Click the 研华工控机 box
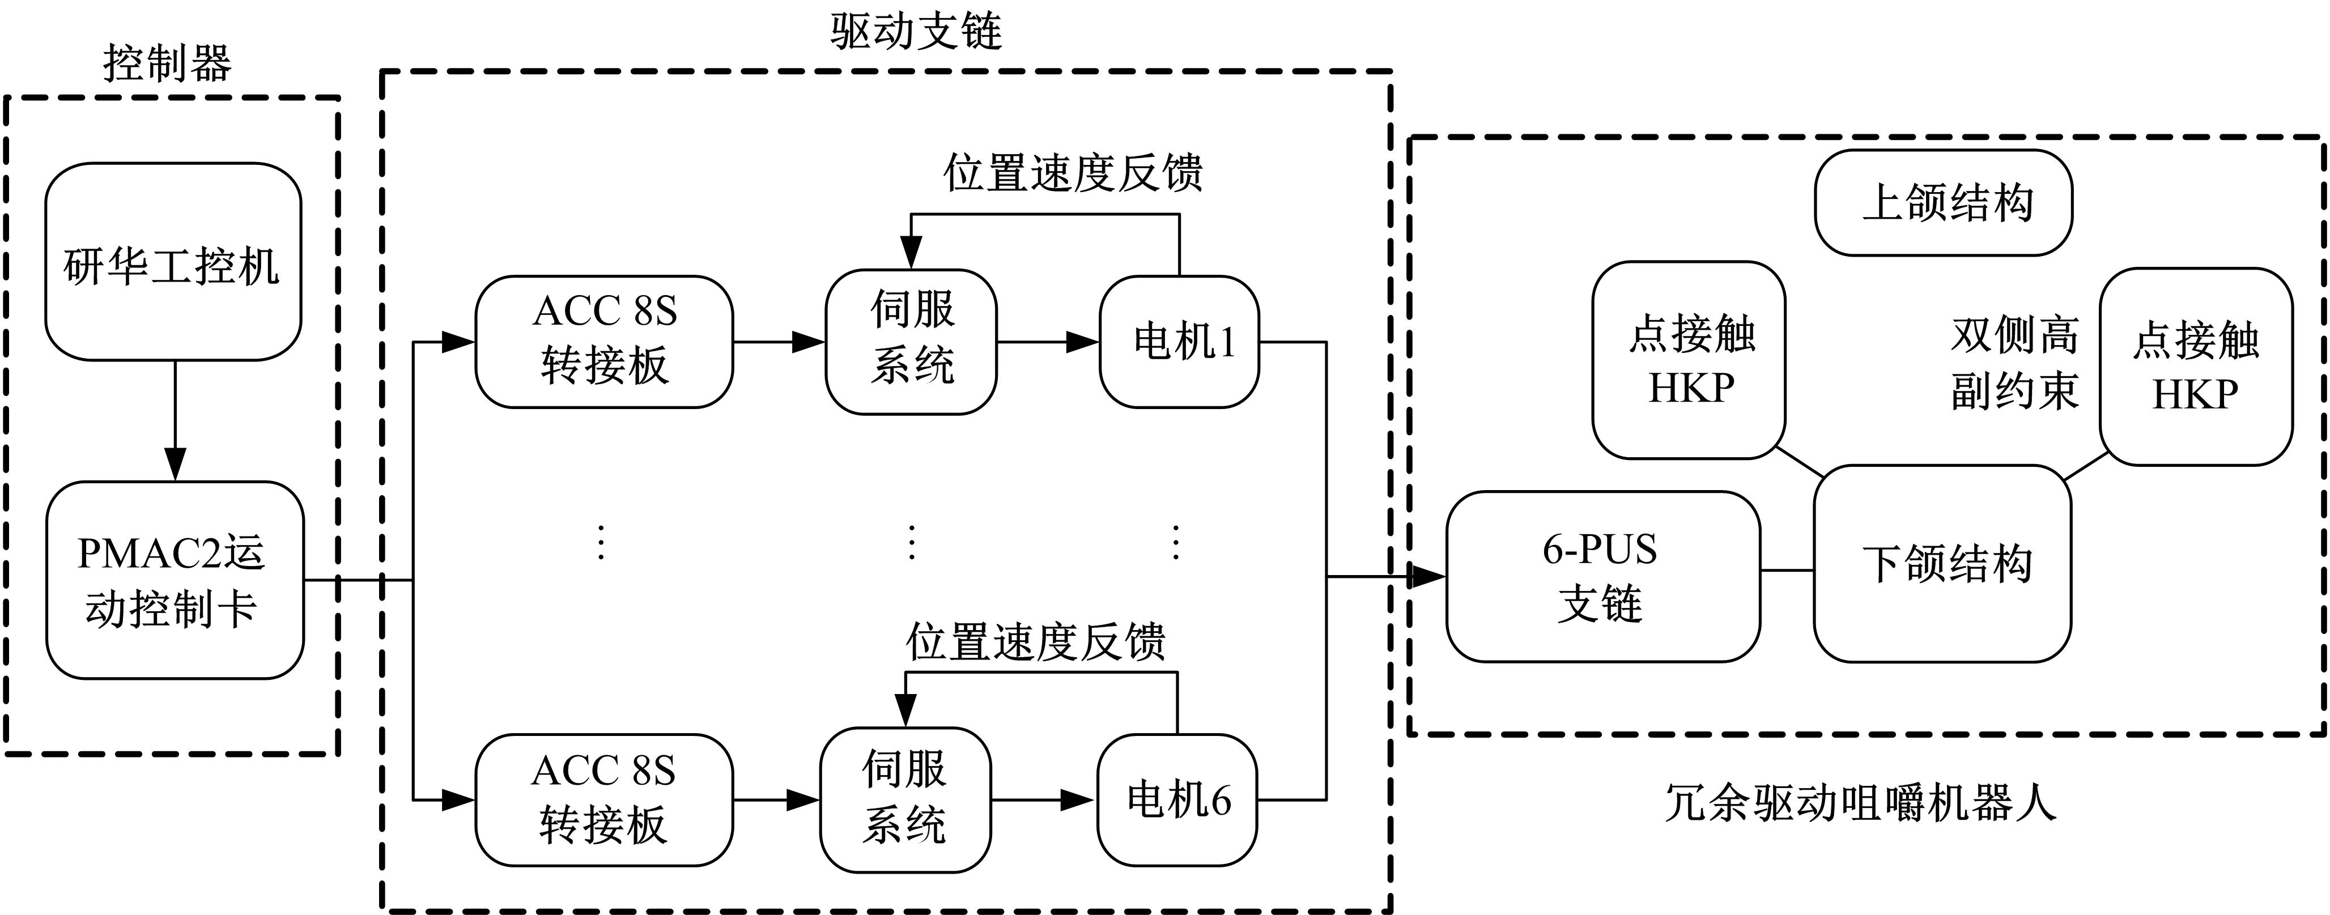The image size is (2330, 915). (x=173, y=262)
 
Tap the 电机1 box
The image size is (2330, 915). (x=1179, y=342)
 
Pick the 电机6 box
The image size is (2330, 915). (x=1177, y=800)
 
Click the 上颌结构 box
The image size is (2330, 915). (x=1944, y=202)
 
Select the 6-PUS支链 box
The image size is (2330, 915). (x=1603, y=577)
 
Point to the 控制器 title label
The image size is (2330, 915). (x=167, y=63)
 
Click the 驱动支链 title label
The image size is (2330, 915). (x=915, y=32)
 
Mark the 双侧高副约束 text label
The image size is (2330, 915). (x=2014, y=364)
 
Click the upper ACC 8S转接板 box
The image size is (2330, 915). (x=604, y=342)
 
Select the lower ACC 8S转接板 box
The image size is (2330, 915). (x=603, y=800)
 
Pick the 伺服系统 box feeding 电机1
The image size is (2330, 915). (x=911, y=342)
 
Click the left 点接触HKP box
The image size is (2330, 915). (x=1689, y=360)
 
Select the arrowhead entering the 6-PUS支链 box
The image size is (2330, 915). (x=1427, y=576)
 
